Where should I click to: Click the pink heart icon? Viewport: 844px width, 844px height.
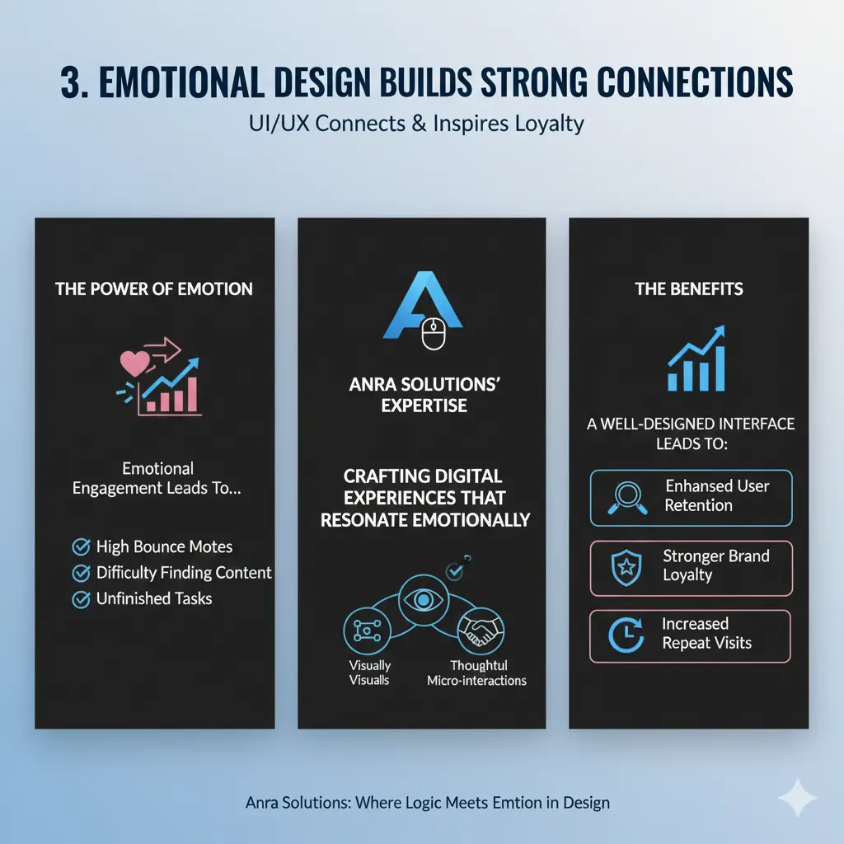(x=134, y=363)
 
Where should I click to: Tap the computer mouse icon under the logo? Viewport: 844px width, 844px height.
(x=434, y=334)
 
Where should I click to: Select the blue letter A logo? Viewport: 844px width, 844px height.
(x=423, y=305)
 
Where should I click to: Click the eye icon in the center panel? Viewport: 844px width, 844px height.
(x=424, y=599)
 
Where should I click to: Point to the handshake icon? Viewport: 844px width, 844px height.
(x=481, y=631)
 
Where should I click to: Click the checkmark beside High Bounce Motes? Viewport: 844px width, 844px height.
(x=82, y=547)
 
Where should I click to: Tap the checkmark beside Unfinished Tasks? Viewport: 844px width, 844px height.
(x=82, y=599)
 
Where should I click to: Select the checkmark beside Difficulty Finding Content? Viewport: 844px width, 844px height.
(x=82, y=573)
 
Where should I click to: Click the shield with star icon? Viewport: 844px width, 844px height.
(x=626, y=567)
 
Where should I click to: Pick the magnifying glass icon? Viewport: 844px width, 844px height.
(x=627, y=498)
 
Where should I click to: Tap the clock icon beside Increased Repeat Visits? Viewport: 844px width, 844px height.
(x=626, y=635)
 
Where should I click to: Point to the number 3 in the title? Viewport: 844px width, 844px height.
(x=72, y=82)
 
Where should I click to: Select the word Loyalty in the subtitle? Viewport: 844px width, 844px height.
(x=550, y=124)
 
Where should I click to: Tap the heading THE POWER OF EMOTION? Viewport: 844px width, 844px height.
(x=154, y=289)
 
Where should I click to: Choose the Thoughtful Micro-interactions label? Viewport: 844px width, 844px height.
(x=477, y=673)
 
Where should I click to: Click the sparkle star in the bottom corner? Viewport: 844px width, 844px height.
(x=798, y=798)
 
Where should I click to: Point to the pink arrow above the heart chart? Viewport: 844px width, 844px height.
(x=162, y=349)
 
